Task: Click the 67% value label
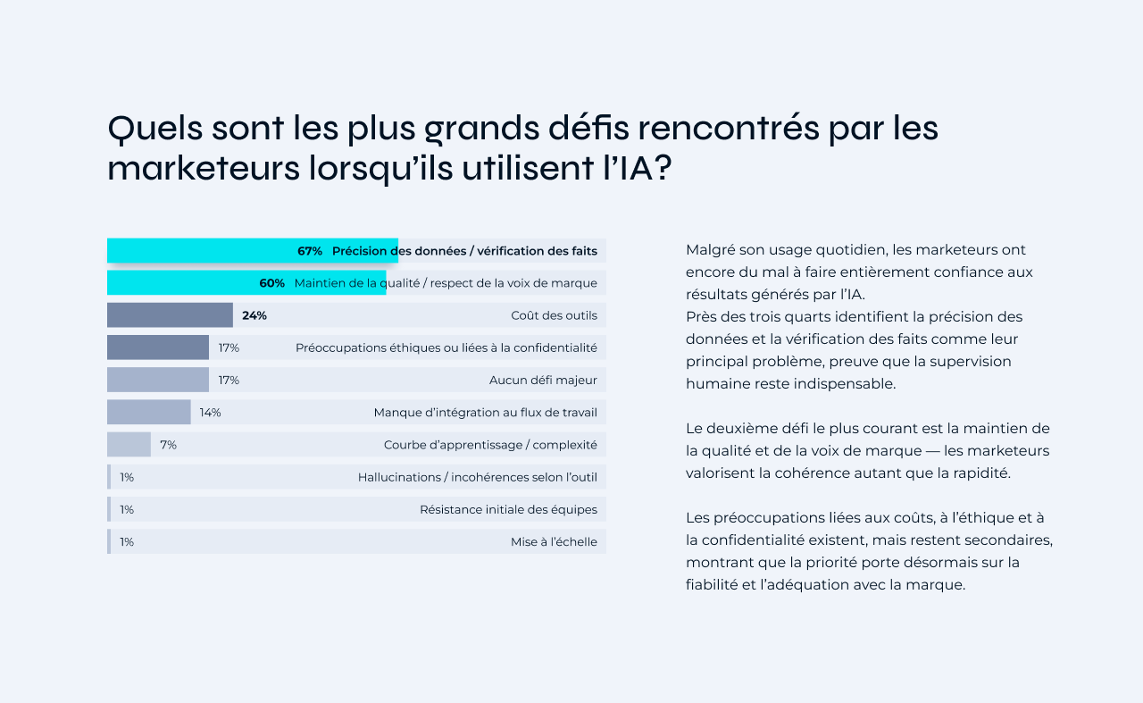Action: [310, 251]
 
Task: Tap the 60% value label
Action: [272, 283]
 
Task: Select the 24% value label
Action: [254, 315]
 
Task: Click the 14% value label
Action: [211, 413]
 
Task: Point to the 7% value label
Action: [169, 445]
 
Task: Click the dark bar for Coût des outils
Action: [170, 315]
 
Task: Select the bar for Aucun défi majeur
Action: [157, 380]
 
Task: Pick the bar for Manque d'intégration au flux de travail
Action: [148, 413]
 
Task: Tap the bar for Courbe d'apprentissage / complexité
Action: [129, 445]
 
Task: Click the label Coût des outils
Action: [554, 315]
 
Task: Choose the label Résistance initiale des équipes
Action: [508, 509]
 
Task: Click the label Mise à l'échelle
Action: [554, 541]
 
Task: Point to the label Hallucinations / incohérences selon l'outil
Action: [477, 477]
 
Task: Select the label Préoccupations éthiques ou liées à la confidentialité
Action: [446, 347]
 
